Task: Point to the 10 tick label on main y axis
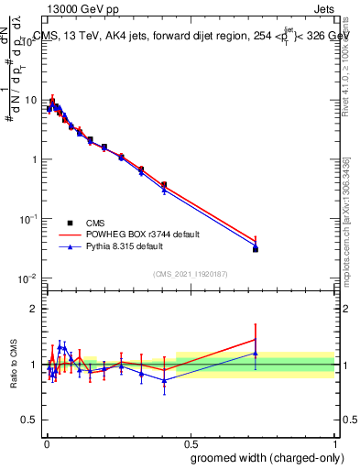(x=31, y=100)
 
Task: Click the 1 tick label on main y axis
(x=34, y=159)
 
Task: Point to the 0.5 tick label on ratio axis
(x=30, y=420)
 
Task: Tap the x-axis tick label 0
(x=46, y=442)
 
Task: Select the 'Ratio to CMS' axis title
(x=14, y=365)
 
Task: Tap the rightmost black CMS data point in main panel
(x=256, y=248)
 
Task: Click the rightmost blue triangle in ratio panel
(x=256, y=354)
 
